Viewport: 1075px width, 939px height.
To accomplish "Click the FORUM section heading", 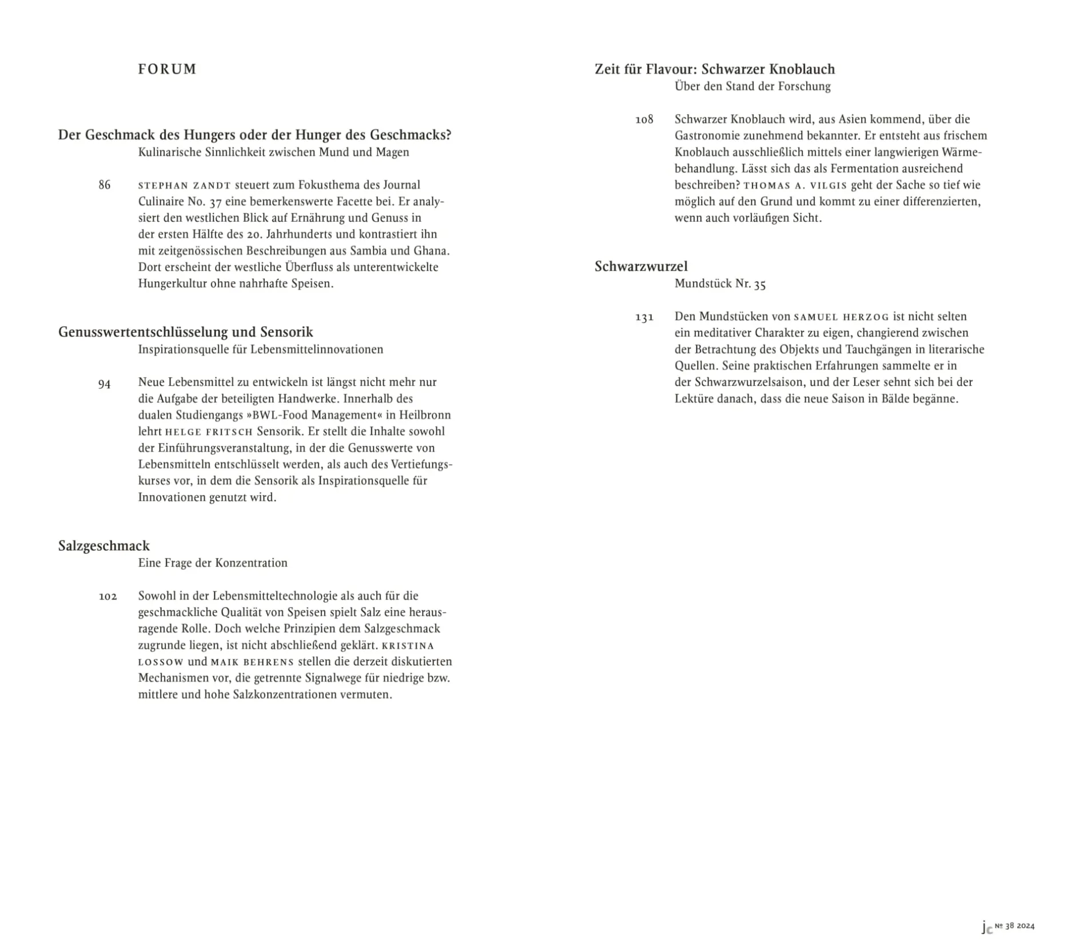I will tap(167, 69).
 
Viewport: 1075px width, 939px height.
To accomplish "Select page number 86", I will tap(104, 185).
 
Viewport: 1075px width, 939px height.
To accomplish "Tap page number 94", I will tap(104, 384).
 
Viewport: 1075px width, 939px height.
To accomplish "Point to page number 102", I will tap(107, 597).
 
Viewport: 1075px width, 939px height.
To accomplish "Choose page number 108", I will tap(644, 119).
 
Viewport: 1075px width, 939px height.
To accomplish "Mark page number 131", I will tap(644, 317).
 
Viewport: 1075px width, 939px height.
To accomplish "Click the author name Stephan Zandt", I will tap(184, 186).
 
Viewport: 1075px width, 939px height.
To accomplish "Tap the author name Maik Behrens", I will tap(252, 662).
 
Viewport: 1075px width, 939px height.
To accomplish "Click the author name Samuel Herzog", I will tap(841, 317).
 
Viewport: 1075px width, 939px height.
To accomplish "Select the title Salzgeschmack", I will tap(103, 546).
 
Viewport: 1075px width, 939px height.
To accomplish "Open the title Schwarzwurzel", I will tap(640, 266).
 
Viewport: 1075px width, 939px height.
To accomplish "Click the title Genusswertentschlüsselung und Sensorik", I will tap(185, 332).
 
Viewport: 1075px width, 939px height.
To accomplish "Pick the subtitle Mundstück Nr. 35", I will tap(719, 284).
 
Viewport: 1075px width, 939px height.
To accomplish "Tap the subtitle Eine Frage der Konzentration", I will tap(212, 563).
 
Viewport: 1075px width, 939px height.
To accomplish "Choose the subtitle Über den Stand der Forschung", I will tap(752, 86).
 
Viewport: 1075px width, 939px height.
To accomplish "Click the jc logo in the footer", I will tap(986, 926).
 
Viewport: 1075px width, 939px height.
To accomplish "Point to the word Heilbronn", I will tap(425, 415).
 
